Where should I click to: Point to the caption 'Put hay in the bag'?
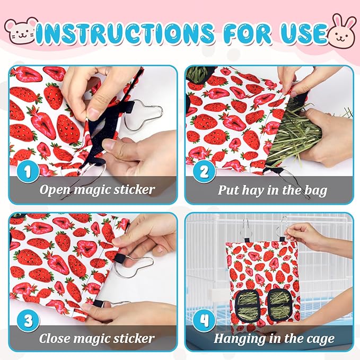coord(273,190)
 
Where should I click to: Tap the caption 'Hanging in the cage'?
coord(274,338)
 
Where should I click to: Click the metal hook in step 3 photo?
coord(139,264)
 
